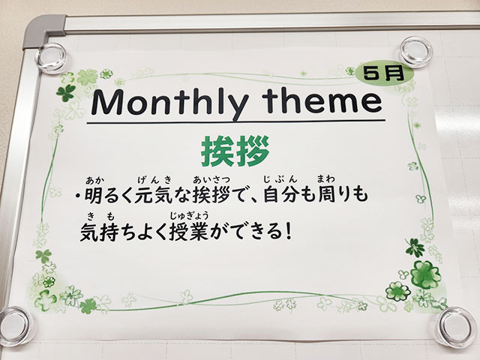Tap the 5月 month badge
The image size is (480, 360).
(385, 74)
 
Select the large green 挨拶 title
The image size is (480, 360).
(235, 151)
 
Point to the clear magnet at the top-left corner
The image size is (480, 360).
(50, 58)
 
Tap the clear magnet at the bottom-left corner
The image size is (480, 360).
(16, 326)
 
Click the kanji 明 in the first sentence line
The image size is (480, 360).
(93, 195)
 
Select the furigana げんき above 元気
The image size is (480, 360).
(154, 180)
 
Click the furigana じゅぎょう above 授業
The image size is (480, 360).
(190, 216)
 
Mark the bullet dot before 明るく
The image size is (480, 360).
(77, 196)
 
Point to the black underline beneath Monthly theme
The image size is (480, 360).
(235, 121)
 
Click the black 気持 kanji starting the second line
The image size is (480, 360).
(98, 232)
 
